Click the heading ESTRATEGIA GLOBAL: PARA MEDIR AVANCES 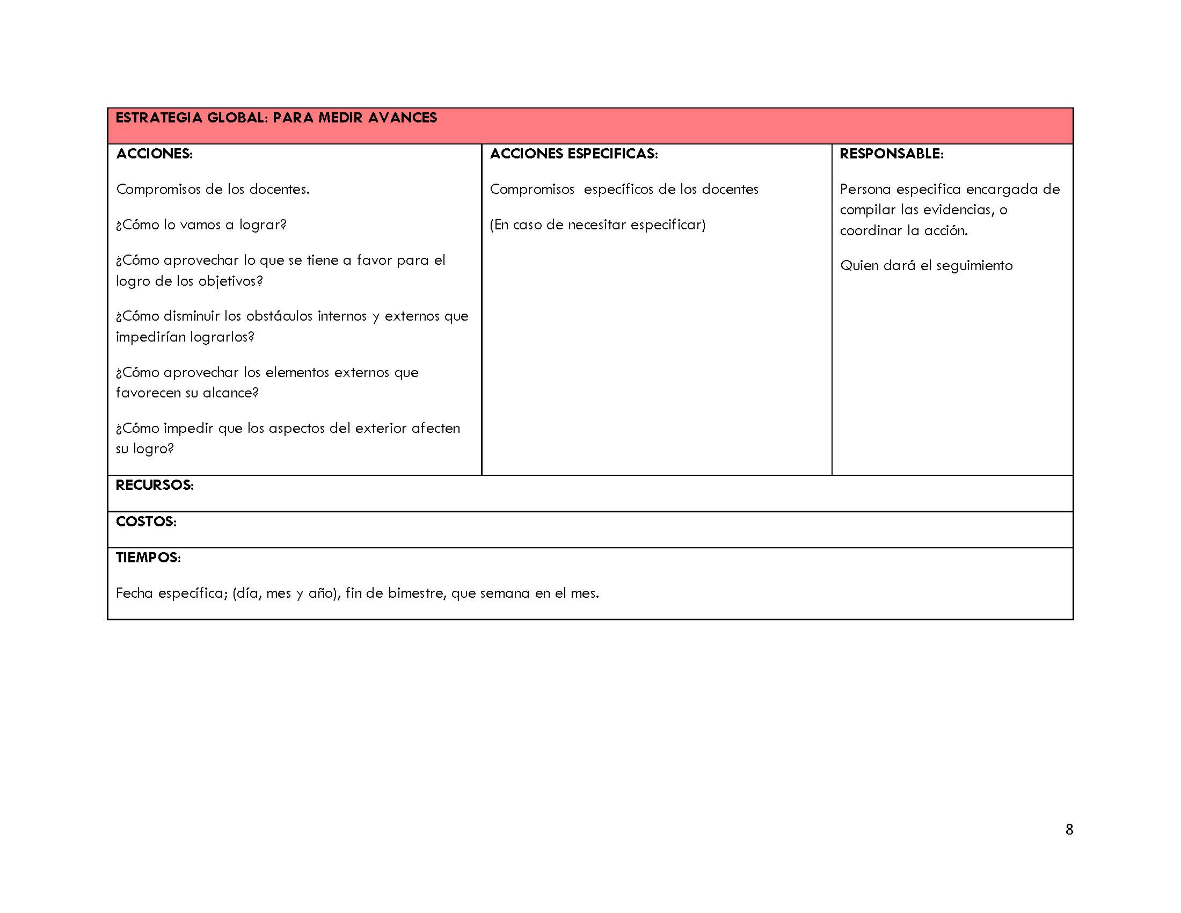[x=276, y=118]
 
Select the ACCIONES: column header [x=154, y=154]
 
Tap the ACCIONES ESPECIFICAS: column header [x=574, y=154]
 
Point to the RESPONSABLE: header [x=891, y=154]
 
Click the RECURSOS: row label [x=155, y=485]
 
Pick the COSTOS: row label [x=146, y=521]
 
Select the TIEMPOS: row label [x=148, y=557]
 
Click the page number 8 [x=1068, y=830]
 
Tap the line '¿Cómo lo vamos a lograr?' [x=201, y=224]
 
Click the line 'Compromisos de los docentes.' [x=213, y=189]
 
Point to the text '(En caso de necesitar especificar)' [x=597, y=224]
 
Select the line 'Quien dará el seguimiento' [x=926, y=265]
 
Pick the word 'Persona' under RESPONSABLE [x=865, y=189]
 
